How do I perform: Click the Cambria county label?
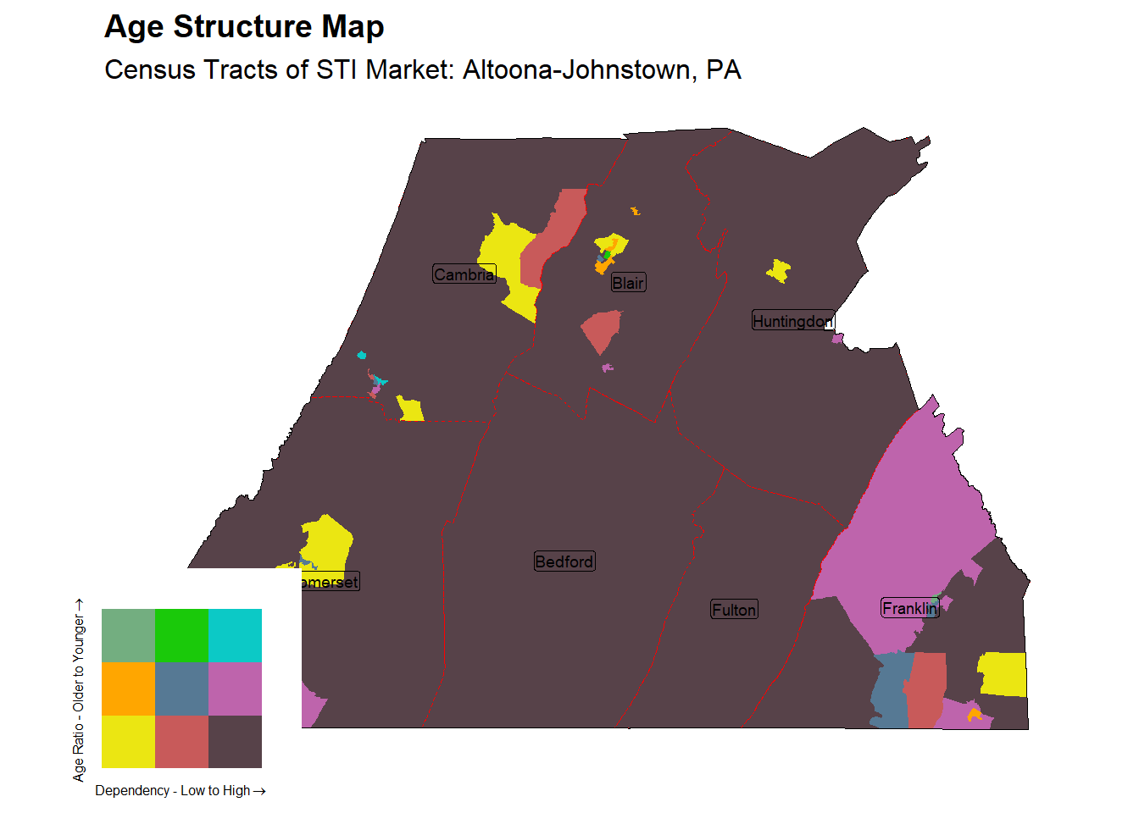[x=464, y=274]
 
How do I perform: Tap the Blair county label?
[x=628, y=283]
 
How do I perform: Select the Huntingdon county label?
[x=792, y=321]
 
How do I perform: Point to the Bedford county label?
[x=564, y=561]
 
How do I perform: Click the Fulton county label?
[x=734, y=610]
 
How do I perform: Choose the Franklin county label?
[x=909, y=608]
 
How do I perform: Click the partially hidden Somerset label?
[x=331, y=582]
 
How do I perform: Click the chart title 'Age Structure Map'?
[x=244, y=27]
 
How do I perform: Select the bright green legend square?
[x=181, y=635]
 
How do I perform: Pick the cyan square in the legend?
[x=235, y=635]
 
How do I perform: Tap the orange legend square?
[x=128, y=689]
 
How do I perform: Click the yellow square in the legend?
[x=128, y=742]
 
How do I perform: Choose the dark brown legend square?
[x=235, y=742]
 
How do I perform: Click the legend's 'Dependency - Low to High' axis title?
[x=180, y=791]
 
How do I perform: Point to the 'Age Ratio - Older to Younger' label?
[x=79, y=690]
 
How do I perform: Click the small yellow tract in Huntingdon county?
[x=779, y=272]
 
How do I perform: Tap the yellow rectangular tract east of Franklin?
[x=1003, y=674]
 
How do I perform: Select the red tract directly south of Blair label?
[x=602, y=330]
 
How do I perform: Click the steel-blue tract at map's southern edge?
[x=888, y=690]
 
